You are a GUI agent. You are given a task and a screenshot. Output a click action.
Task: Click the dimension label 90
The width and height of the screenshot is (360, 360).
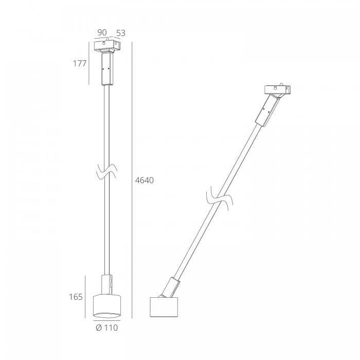102,32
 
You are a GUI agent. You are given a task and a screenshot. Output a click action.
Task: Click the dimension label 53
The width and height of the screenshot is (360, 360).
121,33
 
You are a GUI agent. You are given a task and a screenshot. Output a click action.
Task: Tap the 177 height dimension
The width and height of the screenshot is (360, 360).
80,63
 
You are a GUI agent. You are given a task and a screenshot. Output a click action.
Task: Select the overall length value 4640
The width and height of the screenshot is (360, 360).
144,180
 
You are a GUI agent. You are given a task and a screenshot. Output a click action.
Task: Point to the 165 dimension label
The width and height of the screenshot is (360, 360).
76,297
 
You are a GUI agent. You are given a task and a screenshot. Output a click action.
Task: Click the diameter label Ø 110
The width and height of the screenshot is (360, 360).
107,328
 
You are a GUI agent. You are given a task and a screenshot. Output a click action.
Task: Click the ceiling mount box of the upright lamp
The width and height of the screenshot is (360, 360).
107,46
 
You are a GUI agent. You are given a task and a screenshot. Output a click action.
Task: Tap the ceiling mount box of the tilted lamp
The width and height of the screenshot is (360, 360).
278,90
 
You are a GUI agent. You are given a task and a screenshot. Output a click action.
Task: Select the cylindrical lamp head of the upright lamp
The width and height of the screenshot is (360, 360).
107,305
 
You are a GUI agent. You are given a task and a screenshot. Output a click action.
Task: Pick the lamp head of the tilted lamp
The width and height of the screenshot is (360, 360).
164,307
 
